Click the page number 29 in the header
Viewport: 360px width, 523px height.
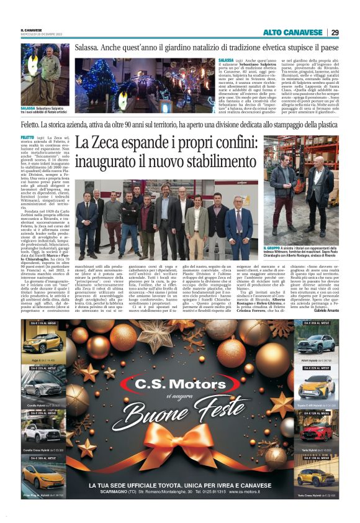point(335,32)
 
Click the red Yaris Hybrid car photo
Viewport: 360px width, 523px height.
point(316,432)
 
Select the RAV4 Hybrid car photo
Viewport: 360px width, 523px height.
point(316,345)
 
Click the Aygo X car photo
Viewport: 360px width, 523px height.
point(43,345)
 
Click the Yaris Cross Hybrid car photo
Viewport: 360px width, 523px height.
point(316,476)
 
